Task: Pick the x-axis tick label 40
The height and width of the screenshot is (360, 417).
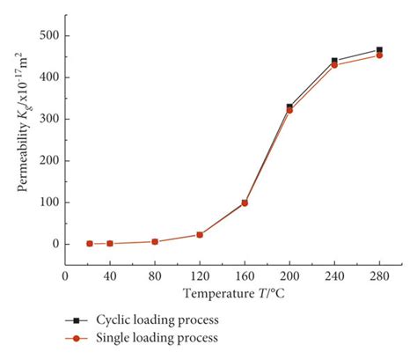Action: (x=110, y=274)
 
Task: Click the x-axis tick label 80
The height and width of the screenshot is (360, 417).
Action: (x=155, y=274)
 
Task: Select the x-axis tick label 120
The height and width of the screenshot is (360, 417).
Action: (x=200, y=274)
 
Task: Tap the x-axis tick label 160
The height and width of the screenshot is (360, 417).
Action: (x=245, y=274)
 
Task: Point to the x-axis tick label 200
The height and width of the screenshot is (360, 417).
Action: (x=289, y=274)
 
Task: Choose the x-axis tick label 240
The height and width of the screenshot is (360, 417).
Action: (x=334, y=274)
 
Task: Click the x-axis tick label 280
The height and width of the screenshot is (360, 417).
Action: (x=379, y=274)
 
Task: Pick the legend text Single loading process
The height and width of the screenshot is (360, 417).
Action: (x=167, y=337)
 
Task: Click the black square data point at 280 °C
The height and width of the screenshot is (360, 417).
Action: (x=379, y=50)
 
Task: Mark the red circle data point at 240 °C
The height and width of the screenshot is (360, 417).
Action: (x=334, y=65)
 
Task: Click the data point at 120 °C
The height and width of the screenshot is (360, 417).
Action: (x=200, y=235)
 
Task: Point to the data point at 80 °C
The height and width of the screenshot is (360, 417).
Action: (x=155, y=241)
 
